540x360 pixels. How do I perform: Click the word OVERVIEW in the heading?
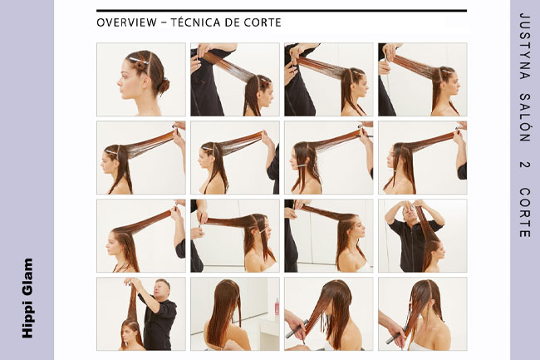pos(126,22)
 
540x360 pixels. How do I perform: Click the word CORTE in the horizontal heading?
pos(263,22)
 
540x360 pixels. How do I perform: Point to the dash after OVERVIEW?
pos(164,23)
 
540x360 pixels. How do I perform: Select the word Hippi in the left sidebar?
pos(27,320)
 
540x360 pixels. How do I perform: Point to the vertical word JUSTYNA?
pos(524,47)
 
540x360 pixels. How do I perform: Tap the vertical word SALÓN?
pos(524,118)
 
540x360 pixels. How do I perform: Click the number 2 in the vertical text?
pos(524,164)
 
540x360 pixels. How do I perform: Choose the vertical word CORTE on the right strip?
pos(524,212)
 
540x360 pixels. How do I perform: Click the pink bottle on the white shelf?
pos(277,307)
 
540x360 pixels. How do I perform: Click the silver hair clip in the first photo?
pos(139,61)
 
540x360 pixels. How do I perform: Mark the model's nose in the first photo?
pos(120,82)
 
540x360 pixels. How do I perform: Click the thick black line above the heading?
pos(282,11)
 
